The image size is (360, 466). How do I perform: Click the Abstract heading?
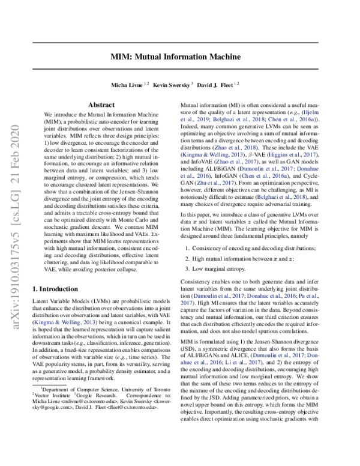tap(98, 104)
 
